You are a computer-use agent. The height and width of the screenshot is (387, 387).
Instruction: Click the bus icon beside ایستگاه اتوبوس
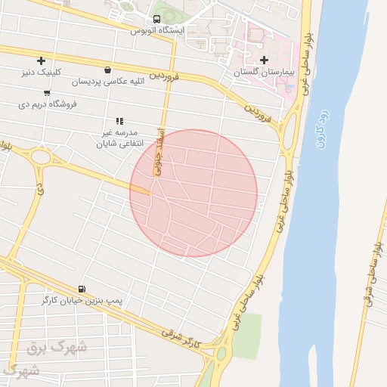pos(157,18)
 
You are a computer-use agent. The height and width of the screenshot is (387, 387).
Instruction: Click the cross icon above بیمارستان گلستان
pos(263,60)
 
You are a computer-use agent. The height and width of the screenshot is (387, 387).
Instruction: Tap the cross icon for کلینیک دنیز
pos(40,60)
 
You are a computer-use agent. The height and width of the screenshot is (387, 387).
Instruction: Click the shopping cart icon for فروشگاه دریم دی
pos(47,92)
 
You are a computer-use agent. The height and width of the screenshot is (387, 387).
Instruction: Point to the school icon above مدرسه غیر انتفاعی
pos(119,121)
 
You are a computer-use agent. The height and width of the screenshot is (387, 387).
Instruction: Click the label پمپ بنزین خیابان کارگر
pos(82,301)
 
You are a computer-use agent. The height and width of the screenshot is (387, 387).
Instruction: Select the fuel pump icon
pos(81,289)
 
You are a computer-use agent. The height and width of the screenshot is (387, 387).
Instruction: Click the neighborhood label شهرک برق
pos(57,348)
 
